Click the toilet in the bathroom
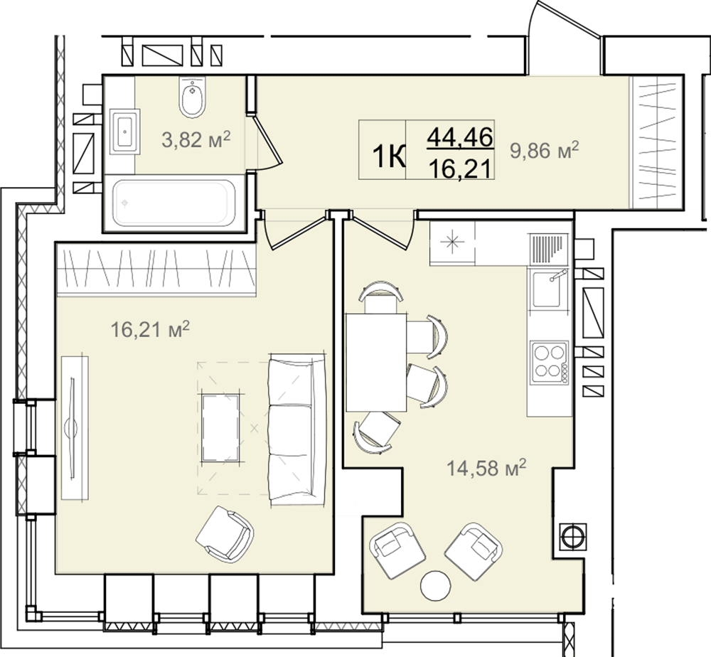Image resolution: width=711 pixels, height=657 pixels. click(192, 97)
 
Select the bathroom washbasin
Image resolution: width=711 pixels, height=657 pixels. click(124, 132)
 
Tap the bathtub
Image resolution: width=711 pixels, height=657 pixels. click(174, 203)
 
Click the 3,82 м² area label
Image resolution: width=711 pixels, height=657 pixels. click(196, 139)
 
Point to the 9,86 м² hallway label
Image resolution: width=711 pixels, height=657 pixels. click(544, 150)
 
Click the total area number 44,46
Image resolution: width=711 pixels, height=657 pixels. click(460, 137)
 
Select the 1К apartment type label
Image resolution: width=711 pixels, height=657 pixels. click(389, 157)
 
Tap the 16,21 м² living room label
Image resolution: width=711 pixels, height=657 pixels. click(150, 329)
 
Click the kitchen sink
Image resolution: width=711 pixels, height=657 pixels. click(547, 289)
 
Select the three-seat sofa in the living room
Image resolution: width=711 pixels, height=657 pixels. click(297, 429)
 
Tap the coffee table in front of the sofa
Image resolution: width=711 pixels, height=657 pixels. click(220, 428)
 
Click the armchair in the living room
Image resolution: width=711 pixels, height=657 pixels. click(225, 534)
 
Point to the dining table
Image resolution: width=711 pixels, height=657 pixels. click(376, 363)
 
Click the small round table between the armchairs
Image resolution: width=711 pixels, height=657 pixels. click(435, 585)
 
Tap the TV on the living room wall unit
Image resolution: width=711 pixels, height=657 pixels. click(72, 428)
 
